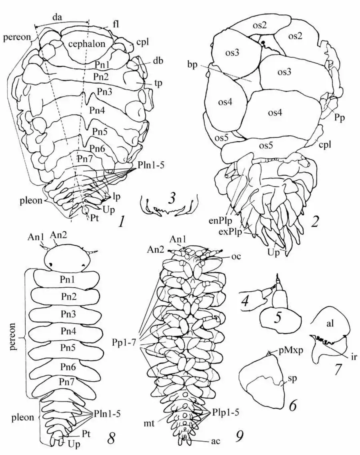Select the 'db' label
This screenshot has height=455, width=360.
[158, 61]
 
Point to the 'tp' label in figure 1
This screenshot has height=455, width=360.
[158, 83]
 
